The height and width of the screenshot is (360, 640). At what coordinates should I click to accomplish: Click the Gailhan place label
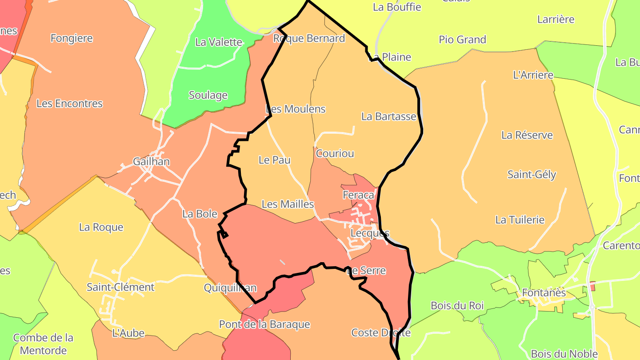pyautogui.click(x=151, y=161)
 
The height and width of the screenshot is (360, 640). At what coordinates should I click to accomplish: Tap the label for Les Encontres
pyautogui.click(x=69, y=104)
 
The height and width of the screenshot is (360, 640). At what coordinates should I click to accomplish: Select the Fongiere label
pyautogui.click(x=72, y=38)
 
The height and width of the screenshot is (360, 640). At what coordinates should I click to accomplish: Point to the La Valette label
pyautogui.click(x=219, y=42)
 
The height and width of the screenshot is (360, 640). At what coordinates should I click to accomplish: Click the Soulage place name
pyautogui.click(x=208, y=95)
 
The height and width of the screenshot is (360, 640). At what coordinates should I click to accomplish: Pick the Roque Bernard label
pyautogui.click(x=309, y=38)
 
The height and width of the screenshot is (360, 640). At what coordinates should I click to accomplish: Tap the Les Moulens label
pyautogui.click(x=296, y=109)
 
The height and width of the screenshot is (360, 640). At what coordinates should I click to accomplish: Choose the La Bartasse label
pyautogui.click(x=388, y=116)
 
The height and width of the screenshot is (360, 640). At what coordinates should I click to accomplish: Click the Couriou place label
pyautogui.click(x=335, y=153)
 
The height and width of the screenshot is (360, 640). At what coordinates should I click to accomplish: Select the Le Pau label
pyautogui.click(x=274, y=160)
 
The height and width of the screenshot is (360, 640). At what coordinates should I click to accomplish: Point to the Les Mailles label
pyautogui.click(x=288, y=204)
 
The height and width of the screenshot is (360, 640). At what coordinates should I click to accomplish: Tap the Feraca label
pyautogui.click(x=358, y=195)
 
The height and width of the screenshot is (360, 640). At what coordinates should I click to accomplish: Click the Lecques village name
pyautogui.click(x=370, y=233)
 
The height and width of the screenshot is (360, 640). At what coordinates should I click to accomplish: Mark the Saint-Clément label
pyautogui.click(x=120, y=287)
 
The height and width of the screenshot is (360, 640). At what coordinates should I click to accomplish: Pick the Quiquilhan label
pyautogui.click(x=230, y=288)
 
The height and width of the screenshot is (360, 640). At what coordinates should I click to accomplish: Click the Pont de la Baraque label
pyautogui.click(x=264, y=324)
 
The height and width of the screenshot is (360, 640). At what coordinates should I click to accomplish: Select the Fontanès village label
pyautogui.click(x=544, y=293)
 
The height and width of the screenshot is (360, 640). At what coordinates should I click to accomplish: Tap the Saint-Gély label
pyautogui.click(x=532, y=174)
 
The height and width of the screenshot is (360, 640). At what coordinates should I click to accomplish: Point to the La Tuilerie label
pyautogui.click(x=520, y=220)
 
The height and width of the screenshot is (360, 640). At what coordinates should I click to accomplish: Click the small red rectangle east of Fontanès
pyautogui.click(x=592, y=286)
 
